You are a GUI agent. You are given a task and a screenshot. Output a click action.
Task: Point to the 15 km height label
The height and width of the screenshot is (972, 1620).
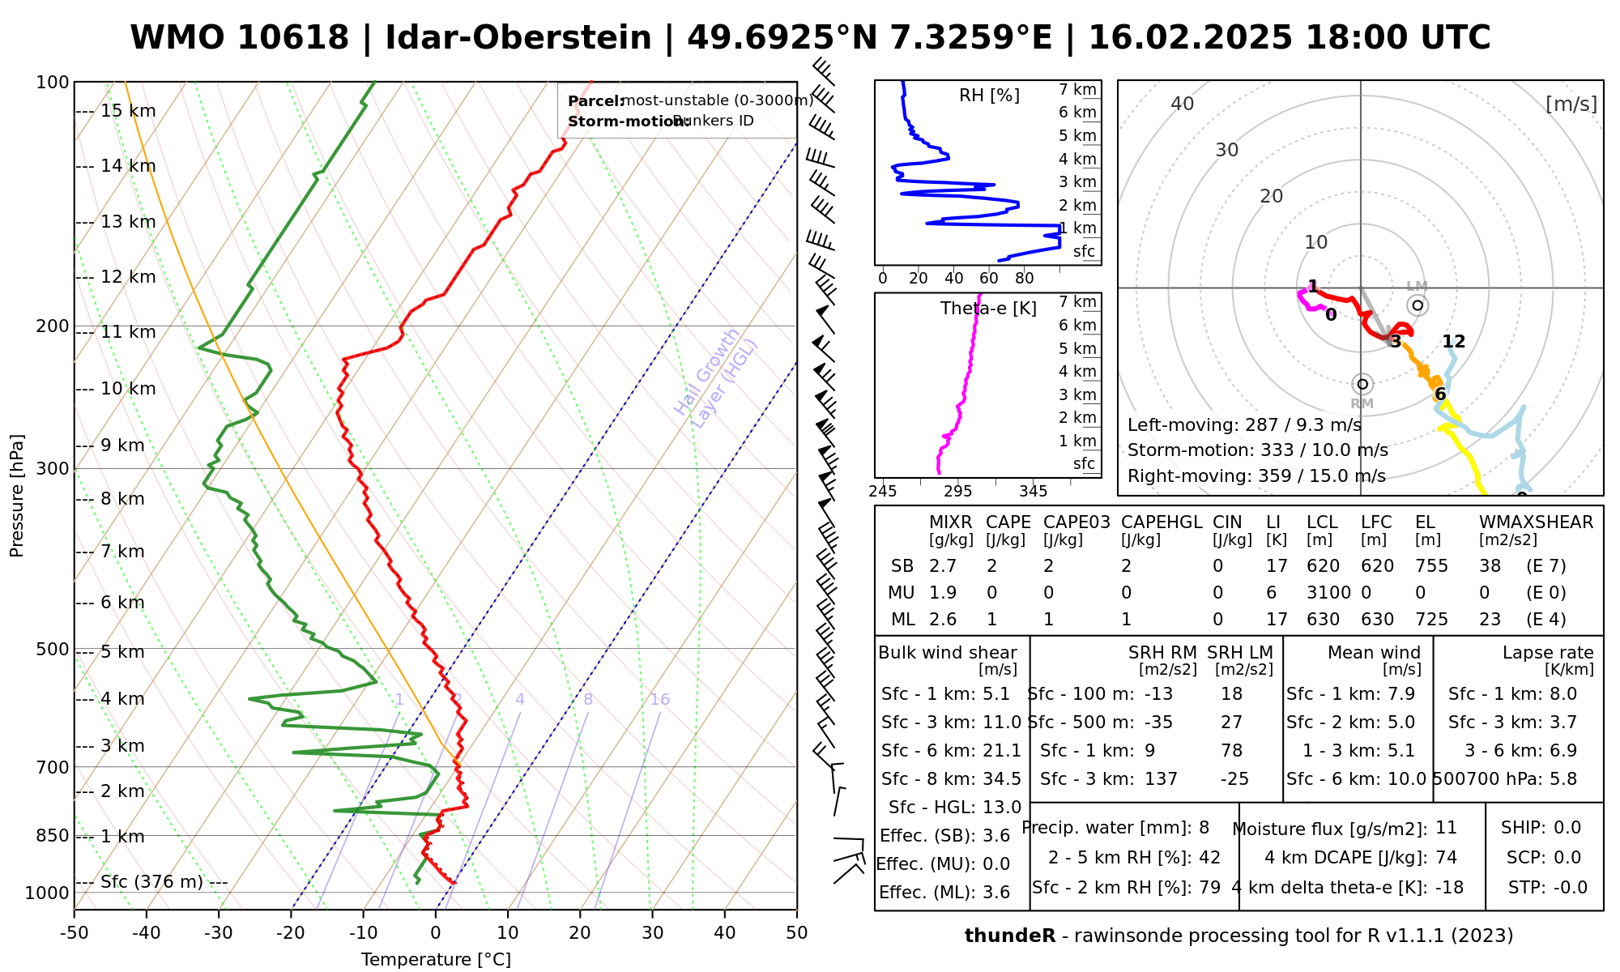tap(128, 111)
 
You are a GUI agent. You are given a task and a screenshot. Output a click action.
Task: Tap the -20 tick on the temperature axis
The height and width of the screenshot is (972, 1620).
tap(291, 932)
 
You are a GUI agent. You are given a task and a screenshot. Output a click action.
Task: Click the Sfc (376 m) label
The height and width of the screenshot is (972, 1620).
tap(151, 882)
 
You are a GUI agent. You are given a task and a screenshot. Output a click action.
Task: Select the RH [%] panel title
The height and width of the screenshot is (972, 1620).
tap(989, 96)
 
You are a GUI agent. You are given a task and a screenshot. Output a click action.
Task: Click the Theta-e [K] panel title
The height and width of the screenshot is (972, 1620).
tap(988, 309)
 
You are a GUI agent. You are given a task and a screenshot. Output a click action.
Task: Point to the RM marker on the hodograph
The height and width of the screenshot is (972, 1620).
tap(1362, 384)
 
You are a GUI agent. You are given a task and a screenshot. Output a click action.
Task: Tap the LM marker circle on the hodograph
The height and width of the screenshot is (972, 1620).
tap(1417, 305)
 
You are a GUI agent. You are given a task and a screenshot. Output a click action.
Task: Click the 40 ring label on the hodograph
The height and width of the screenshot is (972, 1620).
tap(1183, 104)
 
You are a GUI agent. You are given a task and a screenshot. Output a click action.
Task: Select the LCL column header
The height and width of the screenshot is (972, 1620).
tap(1322, 522)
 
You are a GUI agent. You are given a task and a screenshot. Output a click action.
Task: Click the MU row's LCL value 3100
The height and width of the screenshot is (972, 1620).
tap(1328, 593)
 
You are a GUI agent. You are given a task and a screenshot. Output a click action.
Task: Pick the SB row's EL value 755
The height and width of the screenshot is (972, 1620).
tap(1431, 566)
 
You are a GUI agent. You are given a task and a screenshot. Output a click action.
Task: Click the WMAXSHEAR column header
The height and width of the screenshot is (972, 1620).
tap(1536, 522)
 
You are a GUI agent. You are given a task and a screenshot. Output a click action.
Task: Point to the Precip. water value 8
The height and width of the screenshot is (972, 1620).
tap(1204, 828)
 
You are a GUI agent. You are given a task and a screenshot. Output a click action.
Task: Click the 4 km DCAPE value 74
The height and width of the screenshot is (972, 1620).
tap(1446, 858)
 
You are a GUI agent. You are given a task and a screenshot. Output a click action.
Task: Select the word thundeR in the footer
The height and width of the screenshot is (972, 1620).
tap(1010, 936)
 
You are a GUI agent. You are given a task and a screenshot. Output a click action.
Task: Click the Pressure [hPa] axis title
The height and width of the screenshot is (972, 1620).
tap(17, 496)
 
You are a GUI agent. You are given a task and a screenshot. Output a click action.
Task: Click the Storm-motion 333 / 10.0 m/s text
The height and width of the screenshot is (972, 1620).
tap(1257, 450)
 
